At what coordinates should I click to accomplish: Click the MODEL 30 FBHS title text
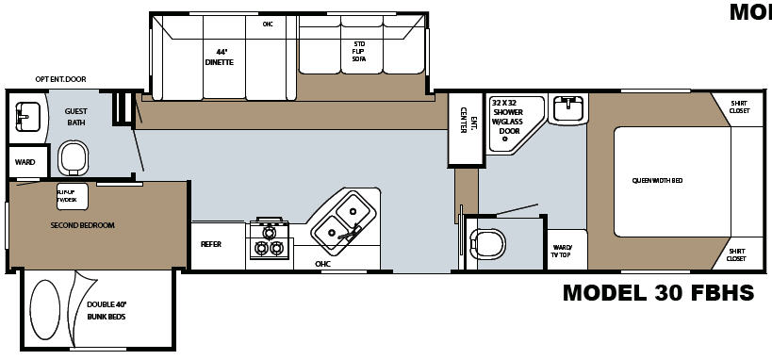click(658, 293)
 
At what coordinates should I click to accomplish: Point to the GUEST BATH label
click(76, 116)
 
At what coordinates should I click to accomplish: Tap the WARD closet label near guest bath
click(25, 162)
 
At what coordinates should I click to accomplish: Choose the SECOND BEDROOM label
click(83, 225)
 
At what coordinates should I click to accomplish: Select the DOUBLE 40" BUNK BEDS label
click(107, 310)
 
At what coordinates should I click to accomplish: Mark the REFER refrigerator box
click(212, 244)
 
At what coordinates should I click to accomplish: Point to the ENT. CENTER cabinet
click(463, 127)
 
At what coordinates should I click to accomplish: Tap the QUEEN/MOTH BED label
click(657, 179)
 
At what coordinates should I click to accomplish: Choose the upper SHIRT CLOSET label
click(740, 106)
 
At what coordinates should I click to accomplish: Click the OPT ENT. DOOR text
click(60, 79)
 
